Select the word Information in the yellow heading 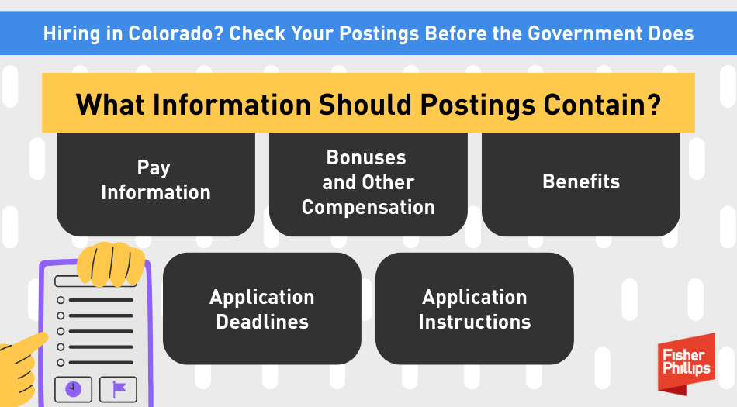click(x=232, y=104)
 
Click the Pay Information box click(x=156, y=184)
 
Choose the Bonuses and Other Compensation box click(x=368, y=184)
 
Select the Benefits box click(x=581, y=184)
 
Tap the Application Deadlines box click(x=261, y=309)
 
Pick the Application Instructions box click(x=474, y=309)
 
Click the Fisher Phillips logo click(x=687, y=363)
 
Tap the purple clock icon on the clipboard click(x=73, y=389)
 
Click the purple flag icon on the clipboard click(x=119, y=389)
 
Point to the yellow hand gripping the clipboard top click(x=111, y=264)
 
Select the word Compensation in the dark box click(x=368, y=208)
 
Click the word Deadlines click(x=262, y=322)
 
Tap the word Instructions click(x=475, y=322)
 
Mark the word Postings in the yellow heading click(x=477, y=105)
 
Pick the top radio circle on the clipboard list click(x=61, y=300)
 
